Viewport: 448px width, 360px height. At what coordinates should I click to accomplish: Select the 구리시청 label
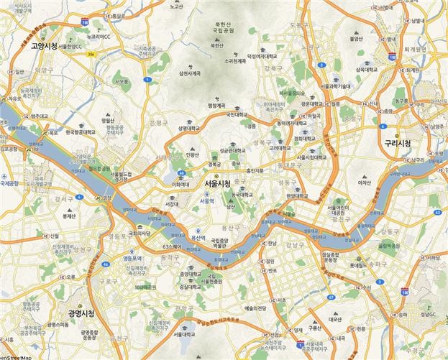tap(396, 143)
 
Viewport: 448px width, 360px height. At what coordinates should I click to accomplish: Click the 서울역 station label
tap(206, 200)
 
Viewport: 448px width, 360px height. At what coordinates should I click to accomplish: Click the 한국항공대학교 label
tap(79, 132)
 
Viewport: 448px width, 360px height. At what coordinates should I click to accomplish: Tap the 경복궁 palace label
tap(214, 164)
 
